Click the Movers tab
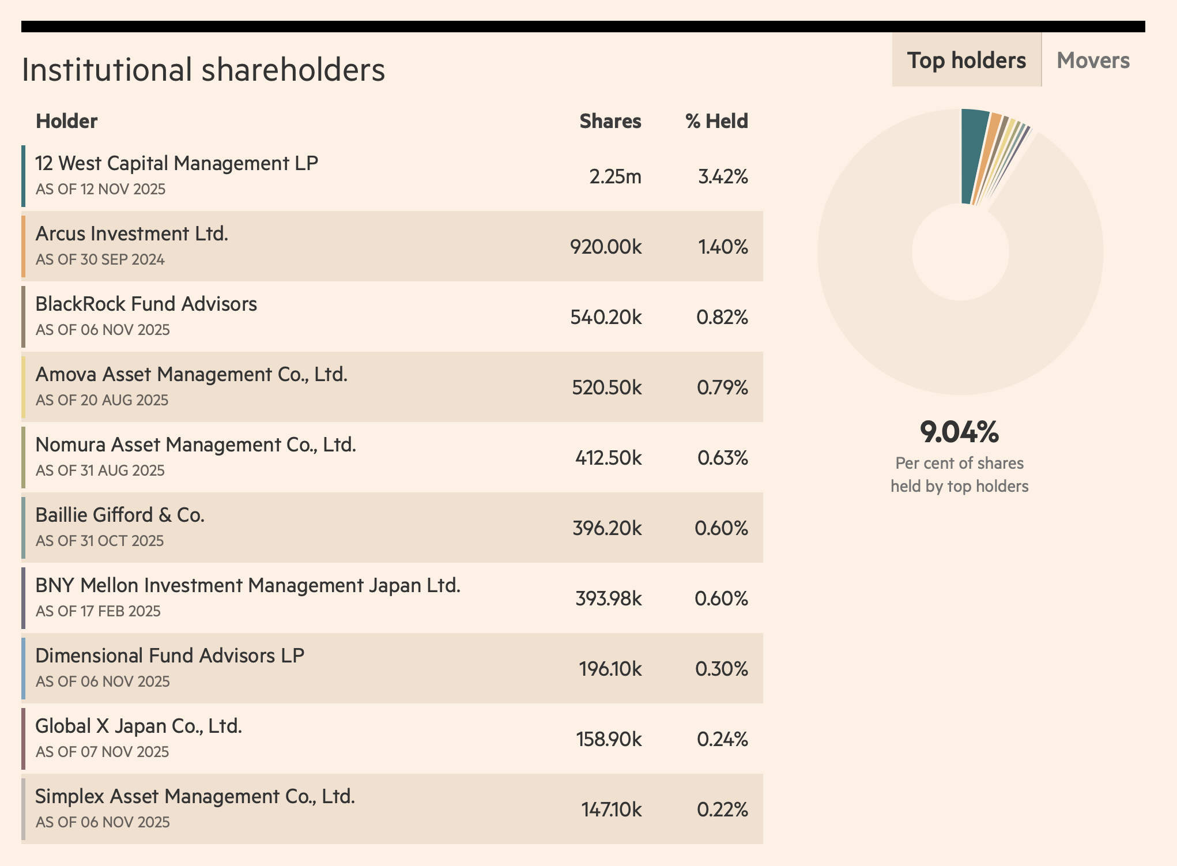coord(1093,61)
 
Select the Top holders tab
coord(967,61)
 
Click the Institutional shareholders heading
coord(203,70)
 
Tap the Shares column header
coord(610,121)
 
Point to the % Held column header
coord(716,121)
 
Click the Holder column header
coord(66,121)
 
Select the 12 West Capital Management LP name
coord(176,163)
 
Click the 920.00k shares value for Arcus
coord(606,247)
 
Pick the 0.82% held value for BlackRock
coord(722,317)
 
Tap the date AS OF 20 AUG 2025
coord(102,400)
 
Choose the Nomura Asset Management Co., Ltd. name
coord(195,445)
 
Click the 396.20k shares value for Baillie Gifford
coord(607,528)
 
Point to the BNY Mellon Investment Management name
coord(248,585)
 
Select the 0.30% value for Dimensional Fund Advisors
coord(721,669)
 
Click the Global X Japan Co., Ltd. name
coord(138,726)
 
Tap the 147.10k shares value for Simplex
coord(611,809)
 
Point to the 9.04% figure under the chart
coord(959,432)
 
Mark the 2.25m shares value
coord(615,176)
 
